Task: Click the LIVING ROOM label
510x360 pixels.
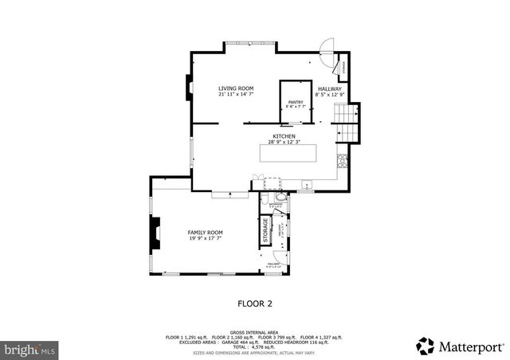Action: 235,88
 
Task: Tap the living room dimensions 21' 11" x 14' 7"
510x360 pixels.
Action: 235,95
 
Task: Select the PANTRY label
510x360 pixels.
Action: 296,102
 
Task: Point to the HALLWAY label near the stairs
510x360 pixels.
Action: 329,88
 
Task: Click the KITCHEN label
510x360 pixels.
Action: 284,136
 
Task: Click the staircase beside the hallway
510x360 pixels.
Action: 347,121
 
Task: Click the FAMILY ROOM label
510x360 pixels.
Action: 205,232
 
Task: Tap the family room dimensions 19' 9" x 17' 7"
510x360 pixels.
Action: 205,238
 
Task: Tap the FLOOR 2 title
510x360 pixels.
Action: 255,303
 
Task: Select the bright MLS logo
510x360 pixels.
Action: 30,349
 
